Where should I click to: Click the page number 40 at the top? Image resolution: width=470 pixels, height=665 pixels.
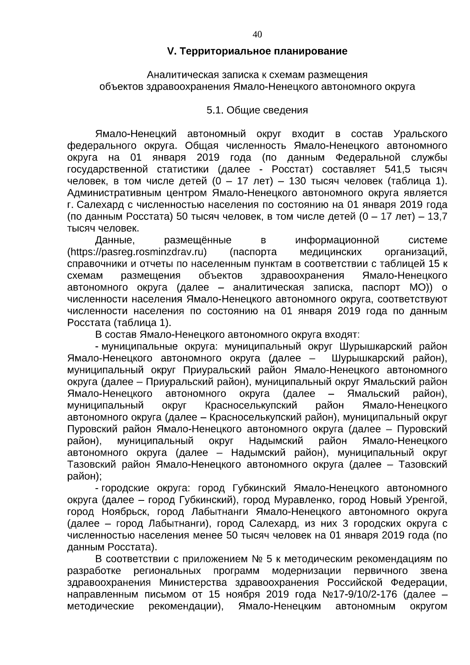(257, 34)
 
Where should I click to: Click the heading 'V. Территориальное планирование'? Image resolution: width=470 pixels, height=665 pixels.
(257, 51)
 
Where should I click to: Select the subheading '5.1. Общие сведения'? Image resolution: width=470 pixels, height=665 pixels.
(257, 111)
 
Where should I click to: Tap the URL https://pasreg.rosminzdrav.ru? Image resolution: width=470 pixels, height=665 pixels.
(137, 252)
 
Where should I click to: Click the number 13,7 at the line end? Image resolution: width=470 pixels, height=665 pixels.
(438, 216)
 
